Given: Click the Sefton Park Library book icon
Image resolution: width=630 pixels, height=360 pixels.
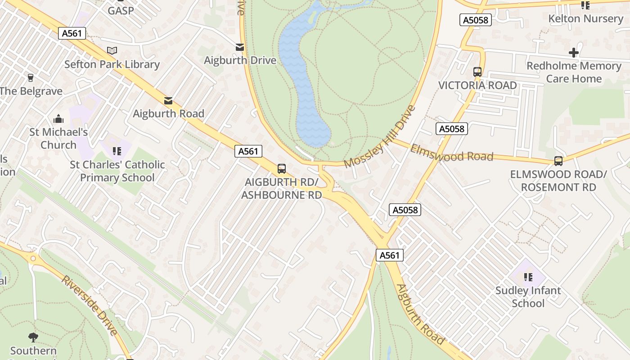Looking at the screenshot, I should point(112,50).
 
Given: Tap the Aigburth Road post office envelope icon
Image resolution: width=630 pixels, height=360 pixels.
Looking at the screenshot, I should point(168,100).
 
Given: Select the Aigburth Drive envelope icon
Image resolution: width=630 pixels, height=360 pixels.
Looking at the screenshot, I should point(240,47).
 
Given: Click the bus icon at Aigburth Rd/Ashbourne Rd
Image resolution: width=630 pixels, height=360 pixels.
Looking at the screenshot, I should point(282,169).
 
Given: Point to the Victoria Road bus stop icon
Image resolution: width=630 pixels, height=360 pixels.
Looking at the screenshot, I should point(477,72).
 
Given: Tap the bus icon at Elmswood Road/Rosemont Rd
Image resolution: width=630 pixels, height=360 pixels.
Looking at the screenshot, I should point(558,161).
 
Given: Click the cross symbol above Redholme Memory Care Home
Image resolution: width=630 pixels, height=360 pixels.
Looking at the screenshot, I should point(573,53).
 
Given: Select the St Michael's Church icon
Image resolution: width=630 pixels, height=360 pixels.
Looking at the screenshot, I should point(58,119).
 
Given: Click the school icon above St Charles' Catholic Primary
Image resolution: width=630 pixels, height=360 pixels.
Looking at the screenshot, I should point(117,151).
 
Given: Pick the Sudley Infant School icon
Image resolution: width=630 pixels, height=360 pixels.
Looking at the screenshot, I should point(528,277).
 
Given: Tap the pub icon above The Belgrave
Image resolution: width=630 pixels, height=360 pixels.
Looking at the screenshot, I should point(31,77).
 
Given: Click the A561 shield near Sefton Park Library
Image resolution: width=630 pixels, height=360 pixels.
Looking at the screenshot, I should point(72,33).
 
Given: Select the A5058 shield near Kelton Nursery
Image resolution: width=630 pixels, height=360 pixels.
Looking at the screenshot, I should point(475,20).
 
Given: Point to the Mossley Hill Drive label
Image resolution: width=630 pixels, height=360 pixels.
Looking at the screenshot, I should point(379,137).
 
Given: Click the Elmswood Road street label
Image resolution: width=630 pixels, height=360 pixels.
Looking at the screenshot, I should point(451,153).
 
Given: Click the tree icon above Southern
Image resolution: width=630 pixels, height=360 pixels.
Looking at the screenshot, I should point(33,337).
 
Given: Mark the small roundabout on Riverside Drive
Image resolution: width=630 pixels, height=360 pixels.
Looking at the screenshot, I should point(33,258).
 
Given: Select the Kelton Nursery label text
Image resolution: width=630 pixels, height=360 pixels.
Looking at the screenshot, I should point(585,19).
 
